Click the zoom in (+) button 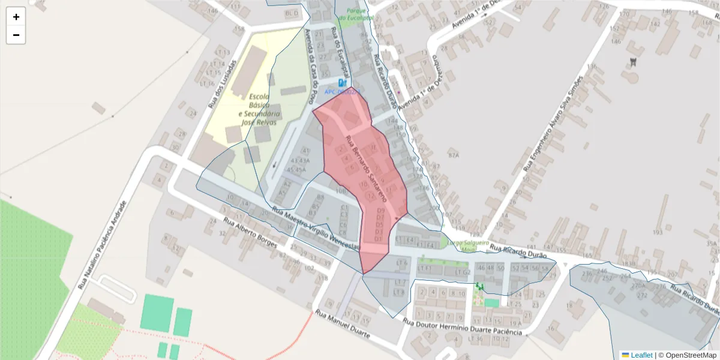[16, 17]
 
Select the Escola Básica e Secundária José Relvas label [259, 109]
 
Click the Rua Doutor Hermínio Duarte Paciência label [462, 328]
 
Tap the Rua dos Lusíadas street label [223, 83]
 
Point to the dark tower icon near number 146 [632, 61]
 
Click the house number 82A [453, 155]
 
